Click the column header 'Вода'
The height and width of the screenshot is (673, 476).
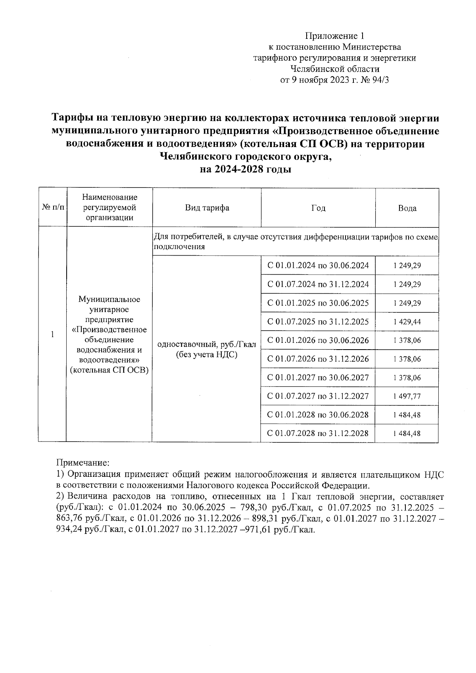[407, 208]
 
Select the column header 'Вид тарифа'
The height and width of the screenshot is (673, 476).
[207, 208]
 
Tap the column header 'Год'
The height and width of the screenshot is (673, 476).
[318, 208]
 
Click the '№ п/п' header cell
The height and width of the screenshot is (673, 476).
[52, 208]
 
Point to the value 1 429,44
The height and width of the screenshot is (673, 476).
[407, 322]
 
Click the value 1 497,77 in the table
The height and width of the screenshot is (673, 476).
[407, 396]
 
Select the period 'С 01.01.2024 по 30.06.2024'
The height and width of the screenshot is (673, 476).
[318, 266]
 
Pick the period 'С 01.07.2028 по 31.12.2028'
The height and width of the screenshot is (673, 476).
[318, 433]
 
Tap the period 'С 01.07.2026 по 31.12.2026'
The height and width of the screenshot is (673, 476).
[318, 359]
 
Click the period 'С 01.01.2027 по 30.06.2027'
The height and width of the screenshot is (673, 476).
[318, 378]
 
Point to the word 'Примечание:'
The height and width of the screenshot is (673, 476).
[83, 463]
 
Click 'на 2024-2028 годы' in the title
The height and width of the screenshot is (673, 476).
[246, 170]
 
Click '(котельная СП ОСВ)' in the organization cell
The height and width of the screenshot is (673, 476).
[109, 371]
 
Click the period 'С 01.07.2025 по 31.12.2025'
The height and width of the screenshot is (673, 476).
[318, 322]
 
